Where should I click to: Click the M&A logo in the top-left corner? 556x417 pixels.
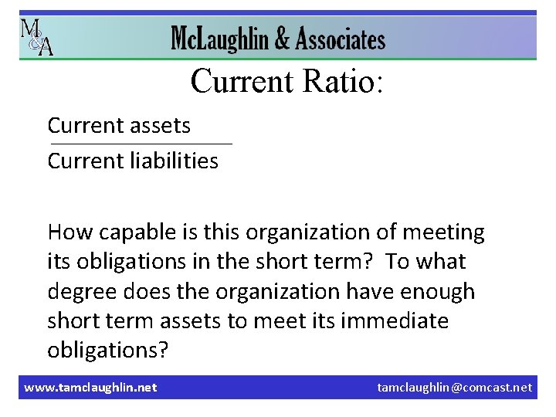(36, 36)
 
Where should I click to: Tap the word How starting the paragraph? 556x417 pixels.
(67, 232)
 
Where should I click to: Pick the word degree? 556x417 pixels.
(83, 292)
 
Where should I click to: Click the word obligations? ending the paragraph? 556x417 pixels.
(107, 351)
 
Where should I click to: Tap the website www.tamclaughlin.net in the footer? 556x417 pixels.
(90, 387)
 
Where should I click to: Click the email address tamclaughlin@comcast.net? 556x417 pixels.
(454, 387)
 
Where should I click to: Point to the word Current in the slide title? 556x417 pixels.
(241, 80)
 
